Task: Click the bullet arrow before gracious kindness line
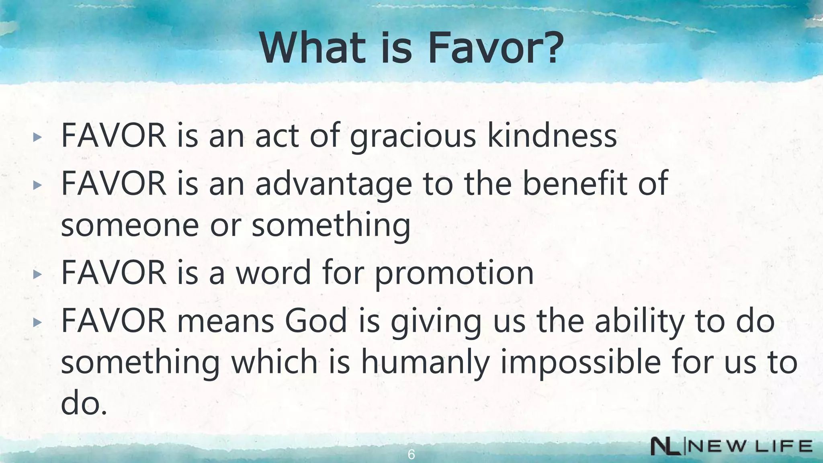click(x=37, y=137)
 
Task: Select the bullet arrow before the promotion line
click(x=37, y=275)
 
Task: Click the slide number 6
click(x=411, y=455)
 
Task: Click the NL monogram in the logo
click(x=665, y=447)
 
